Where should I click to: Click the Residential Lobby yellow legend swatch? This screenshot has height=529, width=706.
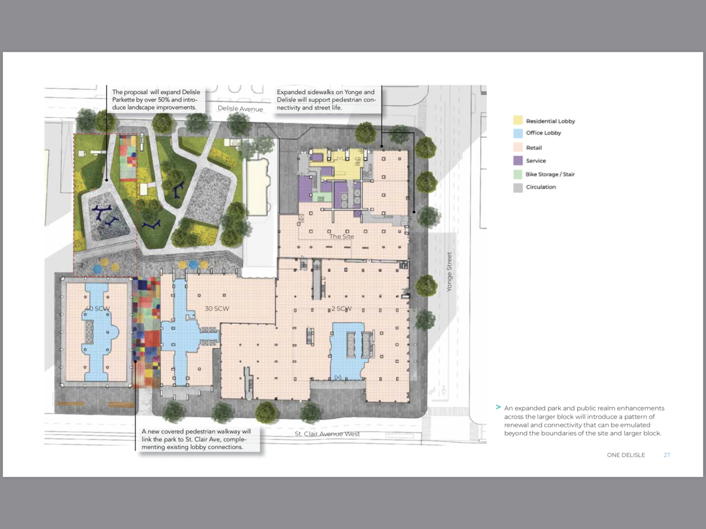click(518, 121)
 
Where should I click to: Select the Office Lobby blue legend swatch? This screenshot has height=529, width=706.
click(518, 133)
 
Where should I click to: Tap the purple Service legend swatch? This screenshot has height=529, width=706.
click(518, 160)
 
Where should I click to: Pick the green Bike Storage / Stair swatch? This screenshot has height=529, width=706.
click(518, 175)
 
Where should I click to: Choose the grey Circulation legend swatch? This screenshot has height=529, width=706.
click(518, 187)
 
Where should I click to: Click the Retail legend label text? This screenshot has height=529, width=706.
click(534, 148)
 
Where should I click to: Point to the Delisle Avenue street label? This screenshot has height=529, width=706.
click(240, 109)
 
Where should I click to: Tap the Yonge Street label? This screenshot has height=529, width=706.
click(450, 272)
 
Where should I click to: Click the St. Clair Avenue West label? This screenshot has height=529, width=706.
click(327, 434)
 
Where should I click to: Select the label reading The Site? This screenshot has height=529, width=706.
click(341, 237)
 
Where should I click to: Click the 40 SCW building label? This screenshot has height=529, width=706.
click(97, 309)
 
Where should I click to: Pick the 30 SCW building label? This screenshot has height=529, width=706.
click(217, 309)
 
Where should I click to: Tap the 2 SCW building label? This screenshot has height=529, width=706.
click(341, 309)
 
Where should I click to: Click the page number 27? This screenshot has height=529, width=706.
click(667, 455)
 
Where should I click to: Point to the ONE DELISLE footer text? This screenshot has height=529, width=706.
click(626, 455)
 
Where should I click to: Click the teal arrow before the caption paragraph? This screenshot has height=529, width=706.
click(498, 407)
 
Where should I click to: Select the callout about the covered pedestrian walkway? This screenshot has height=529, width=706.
click(199, 439)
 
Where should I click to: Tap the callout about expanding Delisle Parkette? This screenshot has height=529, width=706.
click(157, 100)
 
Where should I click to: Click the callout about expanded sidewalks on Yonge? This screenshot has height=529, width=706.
click(327, 100)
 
